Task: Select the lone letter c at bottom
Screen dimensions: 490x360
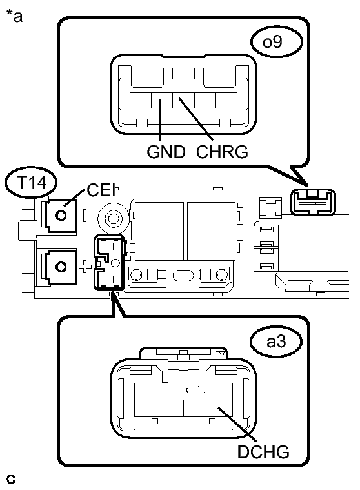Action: pyautogui.click(x=10, y=479)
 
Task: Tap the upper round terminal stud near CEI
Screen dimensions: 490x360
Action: pyautogui.click(x=61, y=215)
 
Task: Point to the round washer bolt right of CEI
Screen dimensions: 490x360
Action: pyautogui.click(x=113, y=218)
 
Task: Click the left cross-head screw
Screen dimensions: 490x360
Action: pyautogui.click(x=137, y=275)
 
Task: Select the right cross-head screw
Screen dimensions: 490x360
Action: pyautogui.click(x=221, y=275)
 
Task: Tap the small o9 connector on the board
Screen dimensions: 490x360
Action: pyautogui.click(x=312, y=200)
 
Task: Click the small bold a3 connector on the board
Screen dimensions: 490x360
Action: pyautogui.click(x=109, y=262)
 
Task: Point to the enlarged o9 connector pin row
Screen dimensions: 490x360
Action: pyautogui.click(x=183, y=100)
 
